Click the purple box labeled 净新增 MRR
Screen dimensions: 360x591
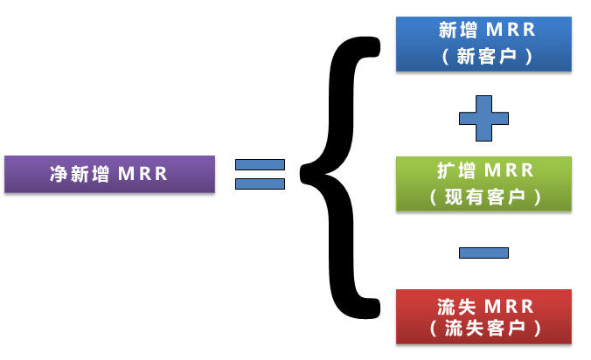point(109,174)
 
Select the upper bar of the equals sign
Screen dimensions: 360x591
point(260,164)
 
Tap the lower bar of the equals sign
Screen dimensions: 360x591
point(260,183)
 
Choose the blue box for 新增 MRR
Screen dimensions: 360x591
point(483,43)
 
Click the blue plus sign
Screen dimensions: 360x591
point(483,118)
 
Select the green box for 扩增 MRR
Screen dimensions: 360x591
point(483,183)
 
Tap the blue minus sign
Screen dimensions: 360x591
point(483,253)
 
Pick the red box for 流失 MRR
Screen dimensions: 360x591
point(483,316)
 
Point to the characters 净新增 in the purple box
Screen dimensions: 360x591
point(80,174)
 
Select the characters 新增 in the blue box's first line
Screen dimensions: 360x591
point(455,31)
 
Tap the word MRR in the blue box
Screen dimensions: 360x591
point(511,31)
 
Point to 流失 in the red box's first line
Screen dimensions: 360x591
point(455,305)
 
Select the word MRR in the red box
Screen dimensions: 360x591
point(511,305)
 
